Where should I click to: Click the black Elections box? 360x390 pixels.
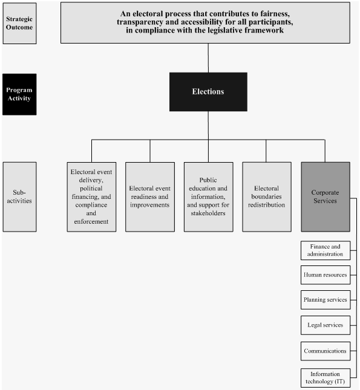point(208,92)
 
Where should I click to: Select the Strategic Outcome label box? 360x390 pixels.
point(19,23)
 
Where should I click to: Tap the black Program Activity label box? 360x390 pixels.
point(19,94)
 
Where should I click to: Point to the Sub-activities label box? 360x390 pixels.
point(19,197)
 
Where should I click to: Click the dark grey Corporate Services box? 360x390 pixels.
point(325,197)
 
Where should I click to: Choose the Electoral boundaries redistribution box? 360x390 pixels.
point(267,197)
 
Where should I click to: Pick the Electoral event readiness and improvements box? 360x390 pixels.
point(149,197)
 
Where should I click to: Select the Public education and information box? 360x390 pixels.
point(208,197)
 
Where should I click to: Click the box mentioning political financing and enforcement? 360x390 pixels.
point(91,197)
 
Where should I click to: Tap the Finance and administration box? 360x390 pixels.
point(325,250)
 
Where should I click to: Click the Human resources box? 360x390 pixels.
point(325,275)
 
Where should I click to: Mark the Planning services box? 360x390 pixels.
point(325,300)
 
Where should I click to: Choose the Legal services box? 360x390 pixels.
point(325,325)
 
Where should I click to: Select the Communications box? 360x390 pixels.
point(325,350)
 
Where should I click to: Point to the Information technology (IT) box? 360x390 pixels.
point(325,377)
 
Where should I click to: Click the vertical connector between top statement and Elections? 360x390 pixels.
point(208,57)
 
